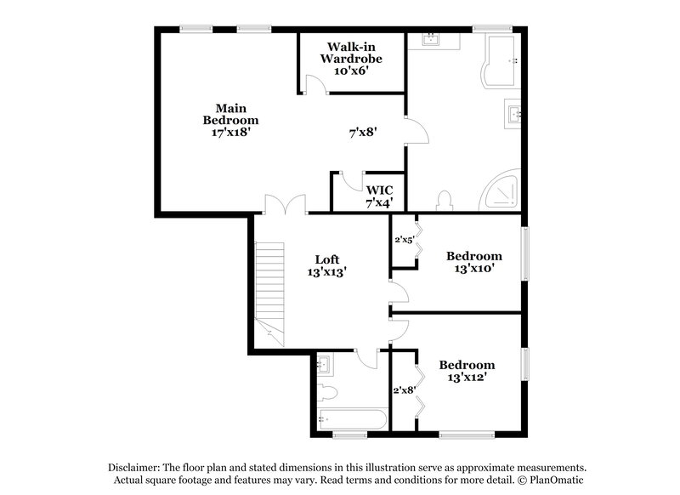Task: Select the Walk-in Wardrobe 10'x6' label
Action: point(350,59)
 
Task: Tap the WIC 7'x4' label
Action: point(379,196)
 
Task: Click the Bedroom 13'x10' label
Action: point(474,262)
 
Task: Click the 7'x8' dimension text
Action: point(363,133)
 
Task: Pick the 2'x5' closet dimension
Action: point(404,240)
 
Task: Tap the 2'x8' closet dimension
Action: point(403,390)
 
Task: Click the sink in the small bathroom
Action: point(323,366)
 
